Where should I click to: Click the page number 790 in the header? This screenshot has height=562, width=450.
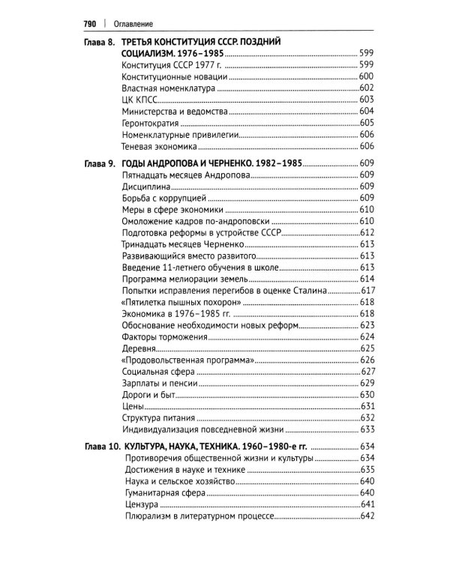click(89, 23)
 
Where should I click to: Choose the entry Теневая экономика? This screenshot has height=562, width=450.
click(158, 146)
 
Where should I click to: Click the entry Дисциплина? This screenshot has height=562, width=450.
click(146, 186)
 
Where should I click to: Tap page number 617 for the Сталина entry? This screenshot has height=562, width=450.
click(367, 290)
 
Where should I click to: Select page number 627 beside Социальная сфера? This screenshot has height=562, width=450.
click(367, 371)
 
